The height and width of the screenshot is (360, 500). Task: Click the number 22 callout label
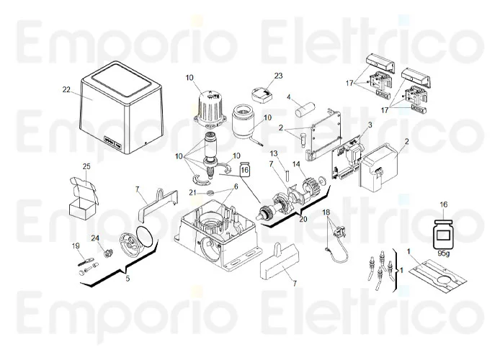[x=66, y=89]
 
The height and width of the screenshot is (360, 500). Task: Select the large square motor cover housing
[x=121, y=107]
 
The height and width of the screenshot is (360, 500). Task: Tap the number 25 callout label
[x=86, y=166]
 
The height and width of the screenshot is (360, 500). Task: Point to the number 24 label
[x=95, y=238]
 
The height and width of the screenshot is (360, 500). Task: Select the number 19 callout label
[x=76, y=246]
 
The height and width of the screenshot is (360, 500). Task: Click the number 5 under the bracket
[x=128, y=279]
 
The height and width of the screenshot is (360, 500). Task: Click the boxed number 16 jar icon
[x=244, y=169]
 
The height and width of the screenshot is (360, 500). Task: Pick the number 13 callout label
[x=274, y=154]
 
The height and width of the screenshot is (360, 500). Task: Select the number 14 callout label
[x=296, y=164]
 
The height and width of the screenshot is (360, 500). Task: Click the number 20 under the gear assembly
[x=303, y=219]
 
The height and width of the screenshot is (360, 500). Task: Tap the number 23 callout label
[x=278, y=76]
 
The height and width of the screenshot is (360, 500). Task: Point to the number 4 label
[x=289, y=96]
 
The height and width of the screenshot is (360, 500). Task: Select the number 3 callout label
[x=370, y=125]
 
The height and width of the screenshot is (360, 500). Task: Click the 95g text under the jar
[x=444, y=254]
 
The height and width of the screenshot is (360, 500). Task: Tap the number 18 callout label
[x=326, y=212]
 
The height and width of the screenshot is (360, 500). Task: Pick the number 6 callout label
[x=236, y=186]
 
